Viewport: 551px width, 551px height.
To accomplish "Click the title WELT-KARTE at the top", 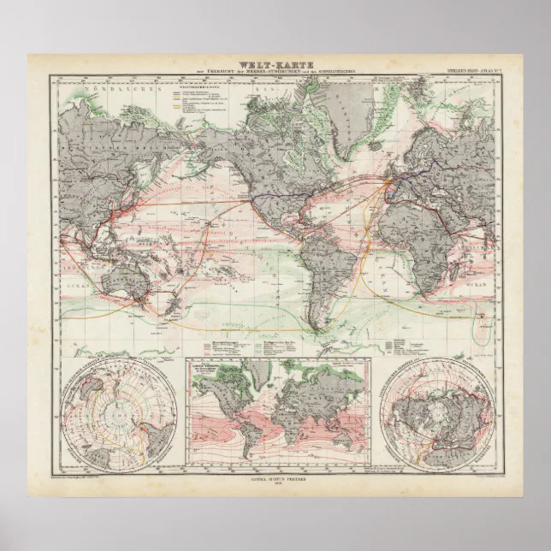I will (x=275, y=62).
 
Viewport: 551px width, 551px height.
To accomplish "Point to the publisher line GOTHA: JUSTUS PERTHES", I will (x=275, y=480).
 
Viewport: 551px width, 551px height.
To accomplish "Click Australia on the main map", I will (x=129, y=279).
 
